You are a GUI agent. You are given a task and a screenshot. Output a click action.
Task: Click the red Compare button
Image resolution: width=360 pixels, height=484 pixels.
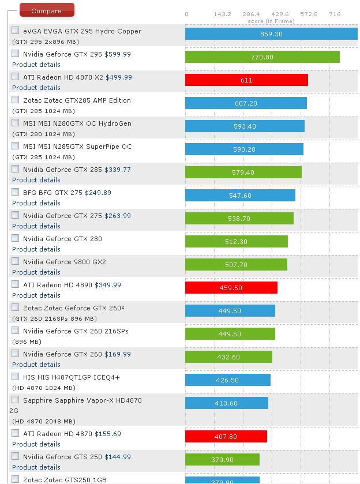point(47,10)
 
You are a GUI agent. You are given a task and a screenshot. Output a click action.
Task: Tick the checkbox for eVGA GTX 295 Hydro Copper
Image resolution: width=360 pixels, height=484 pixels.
point(16,31)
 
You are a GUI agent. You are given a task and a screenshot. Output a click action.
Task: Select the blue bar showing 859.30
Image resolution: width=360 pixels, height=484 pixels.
point(271,34)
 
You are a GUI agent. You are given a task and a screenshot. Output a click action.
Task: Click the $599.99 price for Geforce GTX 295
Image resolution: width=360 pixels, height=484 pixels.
point(118,54)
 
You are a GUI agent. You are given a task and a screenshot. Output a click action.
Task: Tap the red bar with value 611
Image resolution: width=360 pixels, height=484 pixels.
point(246,80)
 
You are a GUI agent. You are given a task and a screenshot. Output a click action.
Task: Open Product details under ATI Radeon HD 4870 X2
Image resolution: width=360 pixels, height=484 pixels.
point(36,88)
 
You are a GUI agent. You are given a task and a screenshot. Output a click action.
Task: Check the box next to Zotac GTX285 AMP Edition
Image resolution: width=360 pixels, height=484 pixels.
point(16,100)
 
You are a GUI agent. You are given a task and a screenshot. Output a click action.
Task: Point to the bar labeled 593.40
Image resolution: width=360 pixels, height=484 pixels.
point(245,126)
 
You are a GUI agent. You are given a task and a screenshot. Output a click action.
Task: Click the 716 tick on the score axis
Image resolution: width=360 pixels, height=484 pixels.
point(335,14)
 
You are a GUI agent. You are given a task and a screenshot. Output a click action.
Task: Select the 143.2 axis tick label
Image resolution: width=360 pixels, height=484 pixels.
point(222,14)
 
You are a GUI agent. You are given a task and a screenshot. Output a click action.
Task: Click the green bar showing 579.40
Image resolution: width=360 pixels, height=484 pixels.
point(243,172)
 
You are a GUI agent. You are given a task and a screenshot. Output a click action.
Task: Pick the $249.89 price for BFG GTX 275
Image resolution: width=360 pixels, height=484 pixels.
point(98,193)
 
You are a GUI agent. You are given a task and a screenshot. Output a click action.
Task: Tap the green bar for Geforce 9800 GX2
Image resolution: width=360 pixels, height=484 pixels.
point(236,265)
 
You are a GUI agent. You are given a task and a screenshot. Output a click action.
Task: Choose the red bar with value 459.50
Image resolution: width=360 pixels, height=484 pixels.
point(231,288)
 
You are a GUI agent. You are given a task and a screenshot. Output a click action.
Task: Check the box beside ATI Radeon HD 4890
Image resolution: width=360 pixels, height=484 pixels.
point(16,284)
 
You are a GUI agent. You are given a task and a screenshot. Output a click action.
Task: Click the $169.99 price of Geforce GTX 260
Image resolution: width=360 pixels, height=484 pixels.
point(118,354)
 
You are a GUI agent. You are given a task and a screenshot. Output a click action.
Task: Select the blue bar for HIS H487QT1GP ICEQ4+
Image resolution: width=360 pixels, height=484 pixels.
point(227,380)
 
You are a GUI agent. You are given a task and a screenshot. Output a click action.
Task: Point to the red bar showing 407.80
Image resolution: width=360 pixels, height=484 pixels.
point(226,437)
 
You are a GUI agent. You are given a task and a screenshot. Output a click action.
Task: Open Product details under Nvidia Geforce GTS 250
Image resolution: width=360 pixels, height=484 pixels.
point(36,467)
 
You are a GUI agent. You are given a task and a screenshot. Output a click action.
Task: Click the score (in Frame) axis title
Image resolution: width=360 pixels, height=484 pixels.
point(271,21)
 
